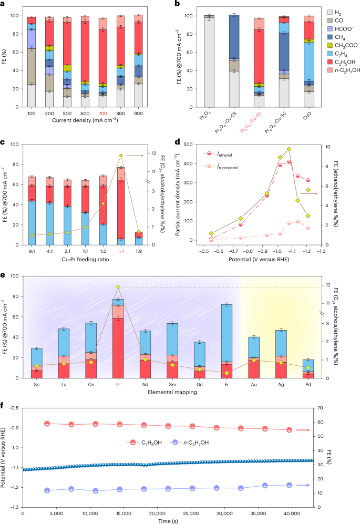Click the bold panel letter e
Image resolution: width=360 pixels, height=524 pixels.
coord(4,273)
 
